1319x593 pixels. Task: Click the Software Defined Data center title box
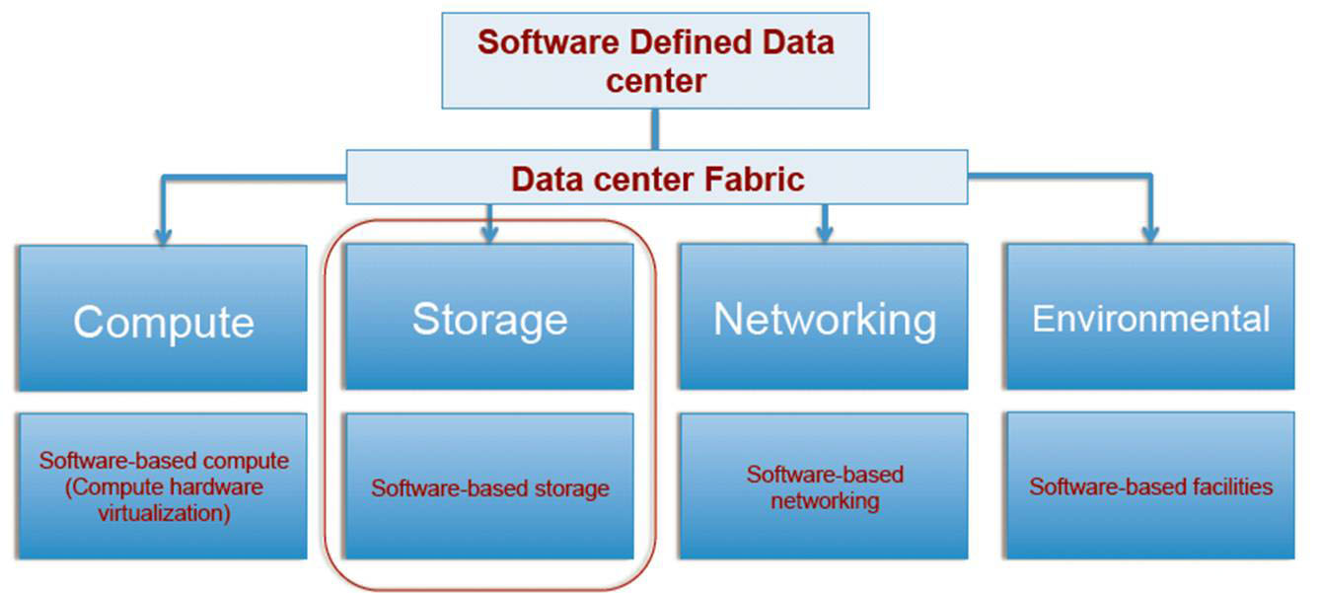pyautogui.click(x=655, y=60)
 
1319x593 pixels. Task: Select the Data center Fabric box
pyautogui.click(x=657, y=179)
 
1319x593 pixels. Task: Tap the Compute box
pyautogui.click(x=163, y=318)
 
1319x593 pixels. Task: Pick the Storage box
pyautogui.click(x=489, y=318)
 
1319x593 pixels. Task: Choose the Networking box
pyautogui.click(x=824, y=318)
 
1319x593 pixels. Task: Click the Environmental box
pyautogui.click(x=1150, y=318)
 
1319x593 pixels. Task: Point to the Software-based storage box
pyautogui.click(x=489, y=487)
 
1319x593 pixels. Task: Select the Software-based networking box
pyautogui.click(x=824, y=487)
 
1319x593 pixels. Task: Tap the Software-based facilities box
pyautogui.click(x=1150, y=487)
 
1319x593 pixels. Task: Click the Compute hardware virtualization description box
pyautogui.click(x=163, y=487)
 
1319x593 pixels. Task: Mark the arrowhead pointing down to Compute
pyautogui.click(x=163, y=236)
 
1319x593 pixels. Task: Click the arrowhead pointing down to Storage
pyautogui.click(x=490, y=235)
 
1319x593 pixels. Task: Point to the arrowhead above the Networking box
pyautogui.click(x=825, y=235)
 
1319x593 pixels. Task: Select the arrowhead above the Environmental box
pyautogui.click(x=1149, y=236)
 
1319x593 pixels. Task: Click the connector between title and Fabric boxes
pyautogui.click(x=654, y=128)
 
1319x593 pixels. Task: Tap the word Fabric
pyautogui.click(x=755, y=180)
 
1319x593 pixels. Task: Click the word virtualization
pyautogui.click(x=164, y=514)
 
